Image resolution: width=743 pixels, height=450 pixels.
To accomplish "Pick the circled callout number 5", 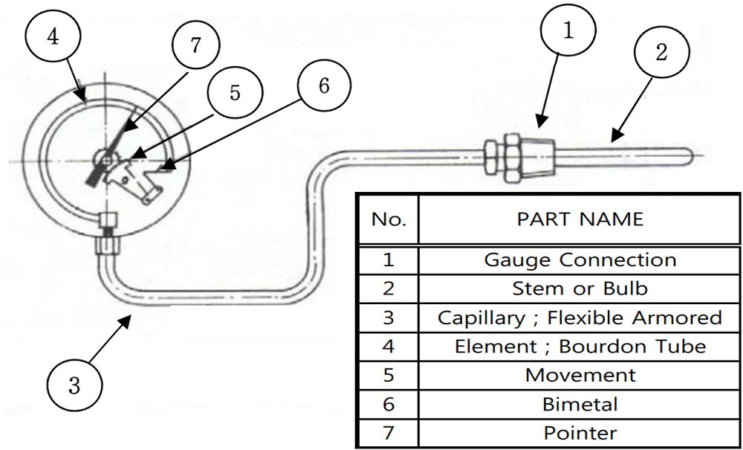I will (233, 94).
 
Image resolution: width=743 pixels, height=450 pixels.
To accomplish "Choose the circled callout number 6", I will (323, 86).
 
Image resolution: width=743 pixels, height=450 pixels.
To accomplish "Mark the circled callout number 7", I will (195, 45).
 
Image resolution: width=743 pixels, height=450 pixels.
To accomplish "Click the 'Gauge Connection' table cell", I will (580, 260).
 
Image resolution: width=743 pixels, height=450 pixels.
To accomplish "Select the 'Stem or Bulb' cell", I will (580, 289).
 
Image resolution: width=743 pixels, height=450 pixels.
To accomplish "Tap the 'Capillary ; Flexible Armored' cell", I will (580, 318).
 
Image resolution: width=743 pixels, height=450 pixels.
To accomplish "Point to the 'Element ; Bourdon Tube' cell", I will (580, 347).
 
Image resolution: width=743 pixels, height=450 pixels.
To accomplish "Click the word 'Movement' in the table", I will (580, 375).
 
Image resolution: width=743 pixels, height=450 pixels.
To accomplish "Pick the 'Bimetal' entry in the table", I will (580, 404).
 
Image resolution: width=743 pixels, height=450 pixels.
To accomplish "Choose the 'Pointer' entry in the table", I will (580, 432).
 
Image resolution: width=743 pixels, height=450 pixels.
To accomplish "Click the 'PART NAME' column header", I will (580, 219).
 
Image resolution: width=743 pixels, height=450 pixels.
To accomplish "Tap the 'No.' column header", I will (389, 219).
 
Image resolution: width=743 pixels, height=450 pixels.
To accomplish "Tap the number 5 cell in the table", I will (389, 375).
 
